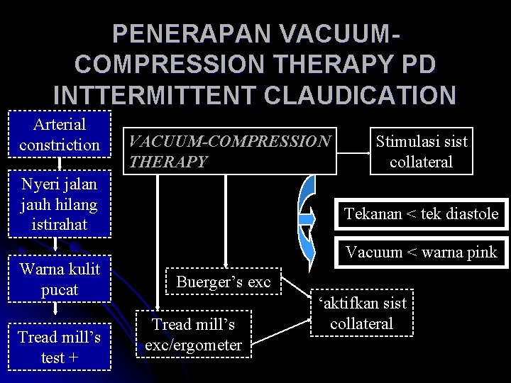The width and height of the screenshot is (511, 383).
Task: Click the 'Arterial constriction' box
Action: tap(60, 134)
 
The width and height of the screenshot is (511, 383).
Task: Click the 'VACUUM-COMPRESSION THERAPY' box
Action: tap(228, 151)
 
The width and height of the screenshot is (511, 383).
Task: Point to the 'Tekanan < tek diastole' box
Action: tap(421, 213)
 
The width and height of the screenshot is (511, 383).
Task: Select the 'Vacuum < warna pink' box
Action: tap(421, 251)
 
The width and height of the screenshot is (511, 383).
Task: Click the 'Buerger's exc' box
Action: tap(224, 282)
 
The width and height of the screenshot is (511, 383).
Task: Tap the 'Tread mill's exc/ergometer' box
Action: tap(193, 334)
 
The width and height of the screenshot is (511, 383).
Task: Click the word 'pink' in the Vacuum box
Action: tap(480, 251)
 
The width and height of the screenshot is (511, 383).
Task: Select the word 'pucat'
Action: tap(60, 290)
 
